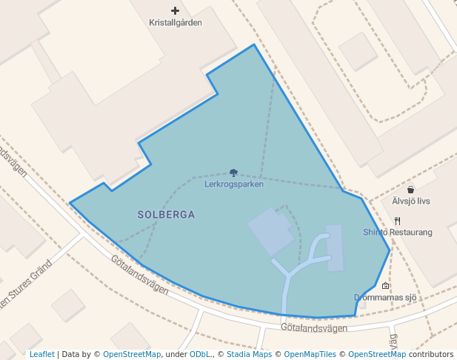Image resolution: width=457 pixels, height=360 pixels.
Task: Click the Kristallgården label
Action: pos(175,23)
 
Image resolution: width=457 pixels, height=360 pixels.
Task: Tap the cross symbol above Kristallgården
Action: pos(175,10)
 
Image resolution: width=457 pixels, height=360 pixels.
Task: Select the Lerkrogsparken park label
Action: pos(234,184)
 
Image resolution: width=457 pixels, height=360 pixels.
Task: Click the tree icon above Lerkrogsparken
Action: pos(234,173)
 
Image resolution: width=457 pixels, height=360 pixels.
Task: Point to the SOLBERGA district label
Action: pos(166,215)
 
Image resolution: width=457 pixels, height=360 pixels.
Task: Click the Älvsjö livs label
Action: pos(411,201)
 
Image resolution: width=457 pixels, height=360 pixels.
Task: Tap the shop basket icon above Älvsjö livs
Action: pos(411,190)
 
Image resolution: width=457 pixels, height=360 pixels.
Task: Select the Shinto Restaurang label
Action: pos(397,232)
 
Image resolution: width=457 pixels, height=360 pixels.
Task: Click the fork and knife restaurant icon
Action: pos(398,221)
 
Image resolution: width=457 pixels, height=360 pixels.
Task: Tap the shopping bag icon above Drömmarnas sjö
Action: pos(385,286)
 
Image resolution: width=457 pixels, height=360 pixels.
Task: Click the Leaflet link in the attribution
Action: pos(42,354)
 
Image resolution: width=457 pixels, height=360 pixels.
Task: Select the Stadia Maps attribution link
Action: pos(248,354)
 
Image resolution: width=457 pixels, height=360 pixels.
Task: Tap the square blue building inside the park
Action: pos(270,232)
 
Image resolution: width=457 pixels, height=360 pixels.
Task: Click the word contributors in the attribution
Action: pos(433,354)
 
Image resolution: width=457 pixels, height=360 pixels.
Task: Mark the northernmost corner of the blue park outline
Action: pos(254,44)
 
